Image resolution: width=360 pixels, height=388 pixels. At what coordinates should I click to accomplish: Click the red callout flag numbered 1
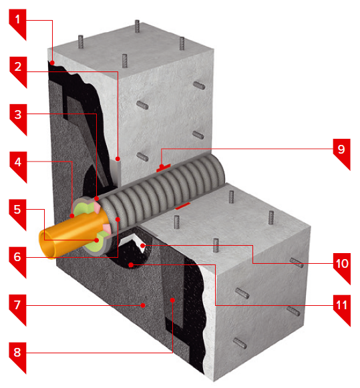17,22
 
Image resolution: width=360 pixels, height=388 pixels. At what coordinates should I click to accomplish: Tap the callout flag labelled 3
18,118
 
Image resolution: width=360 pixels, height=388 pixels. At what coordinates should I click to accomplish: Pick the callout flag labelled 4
18,165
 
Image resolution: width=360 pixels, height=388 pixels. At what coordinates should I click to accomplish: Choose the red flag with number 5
17,212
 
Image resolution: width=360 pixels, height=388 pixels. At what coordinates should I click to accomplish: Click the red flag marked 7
17,308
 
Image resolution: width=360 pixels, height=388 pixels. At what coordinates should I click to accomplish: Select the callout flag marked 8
17,355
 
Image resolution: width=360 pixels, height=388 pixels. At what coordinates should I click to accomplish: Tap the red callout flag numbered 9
342,152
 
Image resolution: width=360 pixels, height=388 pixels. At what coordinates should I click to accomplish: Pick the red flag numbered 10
342,266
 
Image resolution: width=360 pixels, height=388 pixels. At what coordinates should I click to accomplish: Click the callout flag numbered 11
342,308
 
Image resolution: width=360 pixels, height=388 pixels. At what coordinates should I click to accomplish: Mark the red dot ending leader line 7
143,306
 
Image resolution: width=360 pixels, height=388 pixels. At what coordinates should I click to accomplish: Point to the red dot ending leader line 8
173,300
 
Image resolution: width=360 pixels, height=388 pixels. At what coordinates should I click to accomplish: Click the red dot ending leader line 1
52,63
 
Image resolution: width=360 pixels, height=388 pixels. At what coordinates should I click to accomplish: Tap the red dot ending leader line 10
142,246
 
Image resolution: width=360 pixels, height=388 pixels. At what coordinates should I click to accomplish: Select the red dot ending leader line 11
131,265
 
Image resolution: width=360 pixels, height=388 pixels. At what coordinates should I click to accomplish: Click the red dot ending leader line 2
118,159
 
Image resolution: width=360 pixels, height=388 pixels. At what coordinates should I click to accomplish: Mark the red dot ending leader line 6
118,219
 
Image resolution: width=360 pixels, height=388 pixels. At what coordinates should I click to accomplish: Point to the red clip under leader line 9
163,168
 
